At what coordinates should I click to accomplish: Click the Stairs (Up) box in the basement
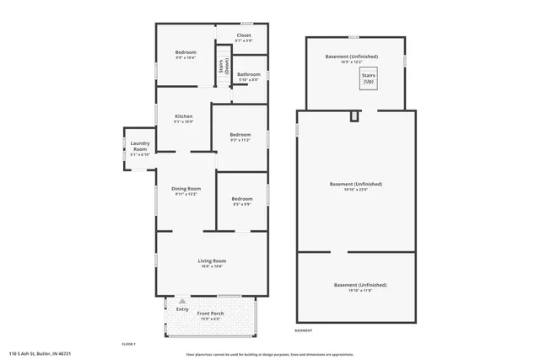369,78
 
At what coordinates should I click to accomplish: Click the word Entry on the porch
182,309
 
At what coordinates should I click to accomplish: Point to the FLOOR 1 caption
128,343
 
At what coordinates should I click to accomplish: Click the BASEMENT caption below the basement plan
303,330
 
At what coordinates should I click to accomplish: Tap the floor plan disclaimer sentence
269,354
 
